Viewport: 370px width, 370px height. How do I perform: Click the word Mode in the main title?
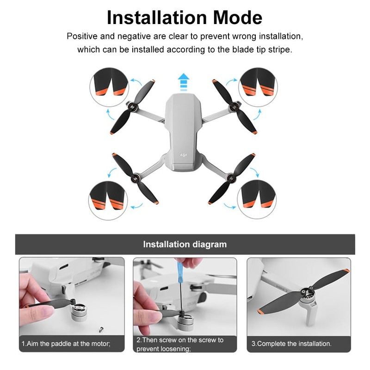click(237, 18)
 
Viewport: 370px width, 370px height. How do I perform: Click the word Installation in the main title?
click(157, 18)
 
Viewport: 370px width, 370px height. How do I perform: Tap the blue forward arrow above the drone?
click(183, 82)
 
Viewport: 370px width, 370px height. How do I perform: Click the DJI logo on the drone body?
click(183, 155)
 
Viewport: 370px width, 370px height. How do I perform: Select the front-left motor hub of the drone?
click(132, 108)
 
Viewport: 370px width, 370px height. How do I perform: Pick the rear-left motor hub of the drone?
click(136, 178)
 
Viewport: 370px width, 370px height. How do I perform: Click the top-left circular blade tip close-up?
click(109, 87)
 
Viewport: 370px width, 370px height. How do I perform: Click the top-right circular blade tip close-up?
click(258, 87)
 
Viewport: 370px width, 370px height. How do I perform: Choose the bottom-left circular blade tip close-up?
click(108, 201)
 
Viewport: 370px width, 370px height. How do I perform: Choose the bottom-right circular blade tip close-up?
click(257, 199)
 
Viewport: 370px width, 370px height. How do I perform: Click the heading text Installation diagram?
click(185, 244)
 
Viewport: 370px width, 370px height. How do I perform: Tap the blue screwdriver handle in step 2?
click(180, 270)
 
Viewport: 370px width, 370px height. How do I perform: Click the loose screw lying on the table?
click(101, 329)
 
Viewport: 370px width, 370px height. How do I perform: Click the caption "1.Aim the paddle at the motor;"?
click(66, 343)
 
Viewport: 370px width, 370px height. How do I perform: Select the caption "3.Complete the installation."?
click(291, 343)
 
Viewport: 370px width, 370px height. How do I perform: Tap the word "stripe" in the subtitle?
click(280, 50)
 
